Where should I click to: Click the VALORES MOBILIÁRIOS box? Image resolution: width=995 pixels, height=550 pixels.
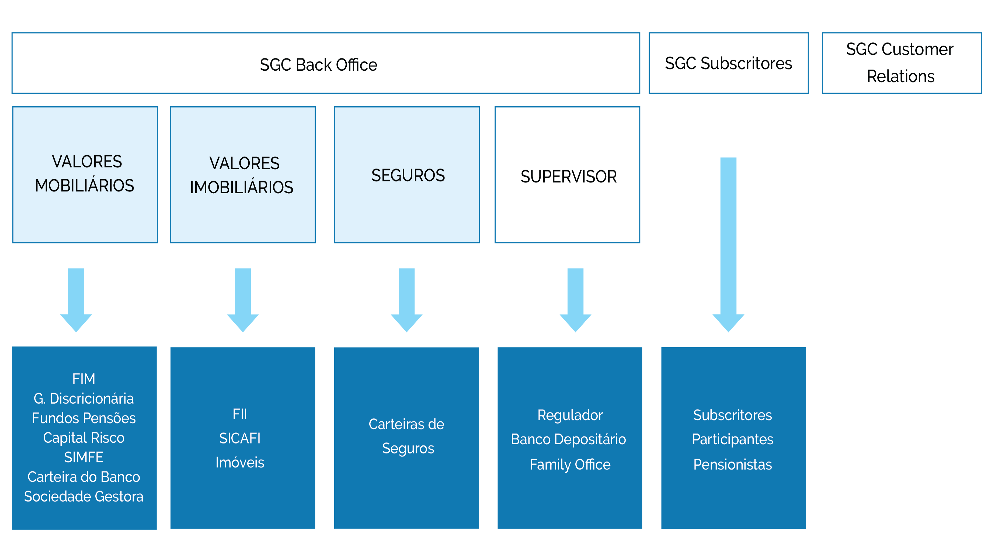click(x=85, y=174)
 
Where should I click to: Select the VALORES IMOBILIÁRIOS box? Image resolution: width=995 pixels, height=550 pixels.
click(x=243, y=175)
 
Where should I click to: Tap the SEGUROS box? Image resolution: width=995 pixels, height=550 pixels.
click(x=407, y=175)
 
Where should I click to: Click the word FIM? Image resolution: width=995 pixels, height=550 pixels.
click(x=84, y=379)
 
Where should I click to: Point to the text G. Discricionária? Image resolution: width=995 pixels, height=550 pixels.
click(x=84, y=398)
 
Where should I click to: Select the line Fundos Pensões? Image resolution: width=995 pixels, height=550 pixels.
click(x=84, y=418)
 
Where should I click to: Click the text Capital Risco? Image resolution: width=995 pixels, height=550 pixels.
click(x=84, y=438)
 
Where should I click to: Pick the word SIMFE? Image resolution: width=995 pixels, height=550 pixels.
click(x=84, y=457)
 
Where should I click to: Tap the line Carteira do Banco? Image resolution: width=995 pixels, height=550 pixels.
click(x=84, y=477)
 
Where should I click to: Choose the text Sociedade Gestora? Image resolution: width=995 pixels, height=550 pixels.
click(x=84, y=497)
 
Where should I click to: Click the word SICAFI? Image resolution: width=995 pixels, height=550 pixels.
click(x=240, y=438)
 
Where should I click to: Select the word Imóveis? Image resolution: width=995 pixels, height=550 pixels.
click(x=240, y=463)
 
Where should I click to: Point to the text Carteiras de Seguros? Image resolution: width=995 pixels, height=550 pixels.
click(x=407, y=436)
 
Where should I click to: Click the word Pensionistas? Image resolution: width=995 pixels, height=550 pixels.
click(x=732, y=464)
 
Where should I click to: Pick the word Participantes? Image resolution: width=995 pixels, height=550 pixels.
click(x=732, y=439)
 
